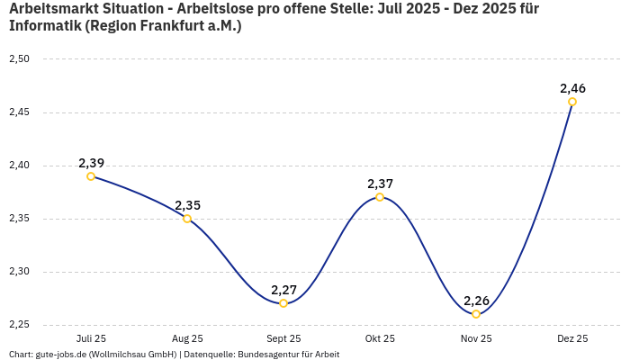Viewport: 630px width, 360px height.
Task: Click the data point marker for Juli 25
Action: [x=91, y=176]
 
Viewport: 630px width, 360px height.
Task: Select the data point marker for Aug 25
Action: [x=187, y=219]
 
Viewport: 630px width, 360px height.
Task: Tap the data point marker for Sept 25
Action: [x=283, y=303]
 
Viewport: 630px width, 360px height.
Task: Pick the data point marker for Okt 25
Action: [x=380, y=197]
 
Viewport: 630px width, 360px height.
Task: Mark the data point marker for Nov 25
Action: [x=476, y=314]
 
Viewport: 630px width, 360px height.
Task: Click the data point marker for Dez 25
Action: [x=572, y=102]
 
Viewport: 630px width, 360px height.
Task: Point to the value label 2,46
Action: [x=572, y=88]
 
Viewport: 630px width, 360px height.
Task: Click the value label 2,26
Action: [x=476, y=301]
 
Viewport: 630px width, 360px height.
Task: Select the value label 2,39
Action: [x=91, y=163]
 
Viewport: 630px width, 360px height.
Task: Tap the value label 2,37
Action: [x=380, y=184]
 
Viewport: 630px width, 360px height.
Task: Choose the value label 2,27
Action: [x=283, y=290]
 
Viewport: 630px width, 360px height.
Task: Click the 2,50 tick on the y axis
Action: [x=19, y=59]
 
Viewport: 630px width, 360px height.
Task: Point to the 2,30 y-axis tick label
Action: [x=19, y=272]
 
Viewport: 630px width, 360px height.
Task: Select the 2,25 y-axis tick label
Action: [x=19, y=325]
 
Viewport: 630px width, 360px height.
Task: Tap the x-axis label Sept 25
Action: [x=283, y=339]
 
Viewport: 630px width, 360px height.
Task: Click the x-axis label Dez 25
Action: [x=572, y=339]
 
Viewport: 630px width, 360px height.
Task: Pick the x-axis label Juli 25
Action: [x=91, y=339]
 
